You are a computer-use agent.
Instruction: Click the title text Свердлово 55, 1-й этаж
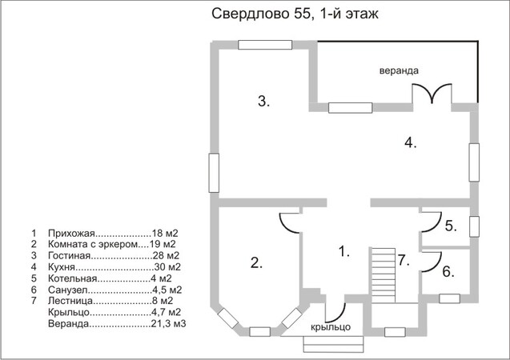[295, 14]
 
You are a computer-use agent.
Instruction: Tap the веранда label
[399, 70]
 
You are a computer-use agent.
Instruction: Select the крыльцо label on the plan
[331, 327]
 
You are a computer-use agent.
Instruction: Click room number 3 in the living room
[263, 102]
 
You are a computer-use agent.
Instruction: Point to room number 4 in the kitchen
[411, 142]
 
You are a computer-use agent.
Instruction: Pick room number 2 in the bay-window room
[256, 262]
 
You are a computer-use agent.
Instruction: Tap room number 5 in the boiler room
[451, 226]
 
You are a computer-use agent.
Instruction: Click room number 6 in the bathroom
[448, 272]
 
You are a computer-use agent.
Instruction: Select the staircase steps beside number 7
[383, 275]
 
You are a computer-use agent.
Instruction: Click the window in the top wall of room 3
[265, 45]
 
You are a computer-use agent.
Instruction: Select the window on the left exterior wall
[214, 173]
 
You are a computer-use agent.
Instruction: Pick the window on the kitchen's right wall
[474, 162]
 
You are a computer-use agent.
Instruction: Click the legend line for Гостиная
[114, 256]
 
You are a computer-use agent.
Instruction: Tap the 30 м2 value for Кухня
[167, 267]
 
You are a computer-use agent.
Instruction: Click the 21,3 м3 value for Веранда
[168, 324]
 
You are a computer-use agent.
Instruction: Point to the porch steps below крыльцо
[333, 344]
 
